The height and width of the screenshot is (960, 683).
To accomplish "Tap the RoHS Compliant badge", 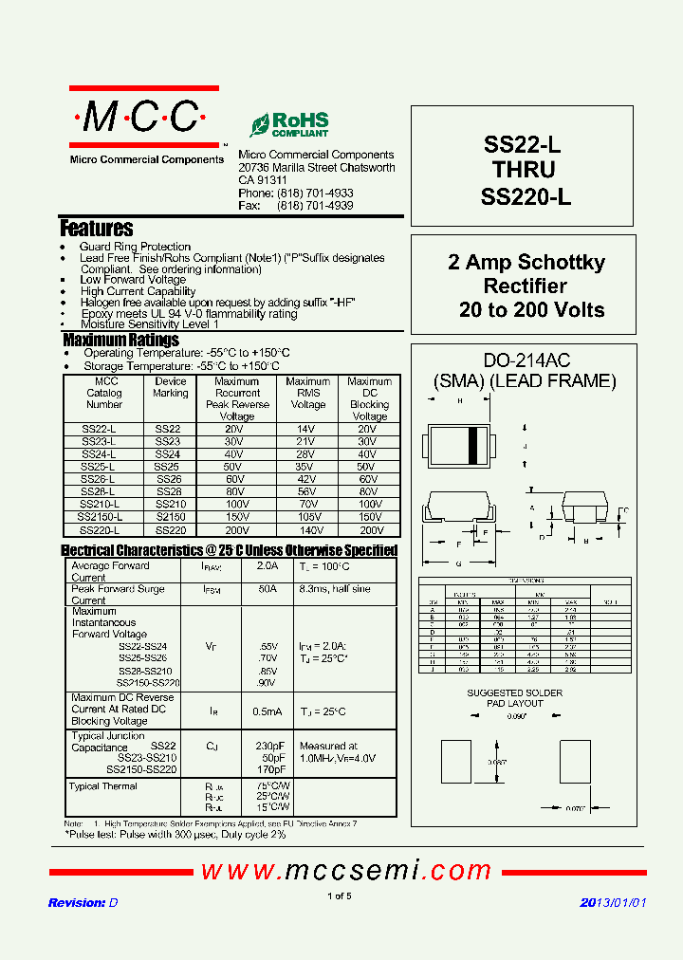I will click(x=290, y=124).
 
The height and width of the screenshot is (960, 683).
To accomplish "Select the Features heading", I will click(x=97, y=229).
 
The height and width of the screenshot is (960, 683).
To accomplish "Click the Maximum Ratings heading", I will click(x=120, y=340).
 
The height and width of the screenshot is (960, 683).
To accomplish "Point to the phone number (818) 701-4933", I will click(x=315, y=193).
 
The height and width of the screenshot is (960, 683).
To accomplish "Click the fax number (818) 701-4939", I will click(x=315, y=205).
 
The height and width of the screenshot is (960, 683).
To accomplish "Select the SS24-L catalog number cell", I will click(x=99, y=454).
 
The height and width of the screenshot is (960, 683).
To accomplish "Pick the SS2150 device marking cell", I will click(x=170, y=517).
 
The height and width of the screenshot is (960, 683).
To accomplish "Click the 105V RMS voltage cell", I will click(x=308, y=517).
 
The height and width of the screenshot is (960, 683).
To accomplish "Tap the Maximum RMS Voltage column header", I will click(x=308, y=393).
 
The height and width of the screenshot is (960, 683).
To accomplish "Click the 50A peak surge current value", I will click(x=268, y=589).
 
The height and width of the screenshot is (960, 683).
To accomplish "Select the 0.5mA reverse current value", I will click(x=268, y=710).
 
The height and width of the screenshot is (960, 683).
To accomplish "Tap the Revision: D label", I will click(x=83, y=903).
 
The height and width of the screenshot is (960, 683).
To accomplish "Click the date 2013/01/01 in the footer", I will click(x=613, y=903).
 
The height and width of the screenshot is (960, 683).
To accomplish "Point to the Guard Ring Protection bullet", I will click(x=135, y=247).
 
